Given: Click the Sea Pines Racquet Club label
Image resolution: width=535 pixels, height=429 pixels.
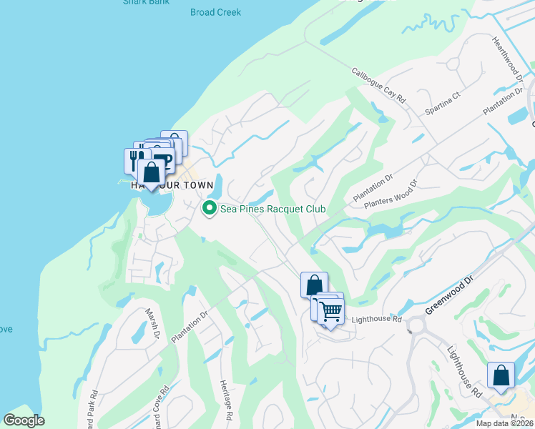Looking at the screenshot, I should tap(273, 209).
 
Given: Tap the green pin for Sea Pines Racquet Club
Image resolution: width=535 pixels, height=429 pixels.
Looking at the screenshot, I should tap(210, 209).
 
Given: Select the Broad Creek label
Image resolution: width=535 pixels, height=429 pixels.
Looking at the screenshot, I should tap(215, 12).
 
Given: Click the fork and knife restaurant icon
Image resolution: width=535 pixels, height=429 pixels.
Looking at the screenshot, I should tap(136, 159).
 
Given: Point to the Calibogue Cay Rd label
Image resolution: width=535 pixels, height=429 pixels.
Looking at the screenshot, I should tap(379, 87).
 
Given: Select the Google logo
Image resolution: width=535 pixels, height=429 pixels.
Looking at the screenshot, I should tap(24, 420).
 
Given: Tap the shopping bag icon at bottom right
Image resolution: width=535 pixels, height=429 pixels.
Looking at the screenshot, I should tap(501, 376).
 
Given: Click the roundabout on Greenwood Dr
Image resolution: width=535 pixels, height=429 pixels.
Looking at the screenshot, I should tap(416, 327).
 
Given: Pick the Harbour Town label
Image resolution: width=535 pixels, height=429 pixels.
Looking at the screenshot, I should tap(172, 185).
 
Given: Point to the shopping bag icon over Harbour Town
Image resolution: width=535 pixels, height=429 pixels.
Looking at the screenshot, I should tap(152, 172).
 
